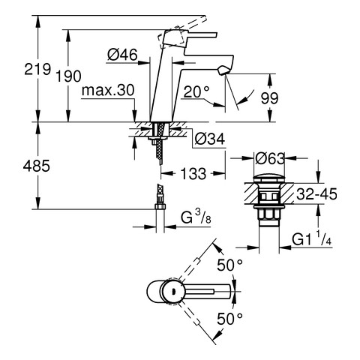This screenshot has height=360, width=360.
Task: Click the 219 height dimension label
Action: pyautogui.click(x=37, y=69)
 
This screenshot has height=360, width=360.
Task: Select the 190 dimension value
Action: pyautogui.click(x=68, y=76)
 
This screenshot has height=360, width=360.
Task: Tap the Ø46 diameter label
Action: pyautogui.click(x=122, y=55)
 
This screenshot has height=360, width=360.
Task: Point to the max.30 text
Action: pyautogui.click(x=108, y=90)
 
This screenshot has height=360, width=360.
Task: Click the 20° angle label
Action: pyautogui.click(x=196, y=91)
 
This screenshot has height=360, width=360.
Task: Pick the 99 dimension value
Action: pyautogui.click(x=269, y=98)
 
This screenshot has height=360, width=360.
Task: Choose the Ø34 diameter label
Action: pyautogui.click(x=209, y=139)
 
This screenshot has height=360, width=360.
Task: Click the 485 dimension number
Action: pyautogui.click(x=37, y=166)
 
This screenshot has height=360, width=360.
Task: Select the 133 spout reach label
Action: pyautogui.click(x=193, y=173)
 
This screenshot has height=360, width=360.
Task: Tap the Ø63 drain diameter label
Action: pyautogui.click(x=270, y=158)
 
